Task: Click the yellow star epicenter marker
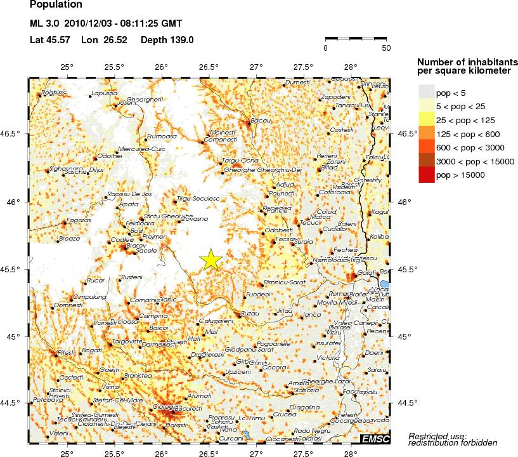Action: (x=211, y=259)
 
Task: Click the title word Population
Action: (x=56, y=5)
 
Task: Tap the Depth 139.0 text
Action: (x=167, y=40)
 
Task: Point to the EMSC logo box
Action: (x=375, y=439)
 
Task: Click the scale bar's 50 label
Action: (x=386, y=48)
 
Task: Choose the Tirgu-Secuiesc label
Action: (x=198, y=199)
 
